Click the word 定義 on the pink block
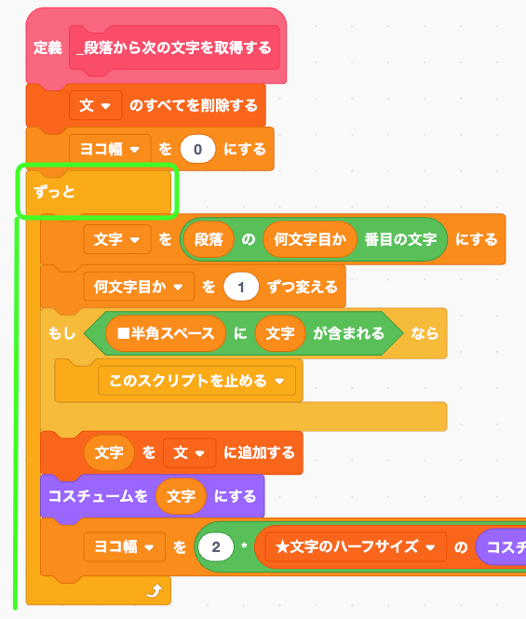(x=47, y=47)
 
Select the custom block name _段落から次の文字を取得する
(x=174, y=47)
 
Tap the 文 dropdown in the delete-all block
(x=95, y=105)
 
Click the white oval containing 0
(x=197, y=149)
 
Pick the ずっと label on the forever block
(x=54, y=193)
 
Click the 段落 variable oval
(x=209, y=239)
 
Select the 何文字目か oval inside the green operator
(x=310, y=239)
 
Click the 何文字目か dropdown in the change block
(x=139, y=287)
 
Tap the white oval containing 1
(x=241, y=287)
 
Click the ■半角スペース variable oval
(x=166, y=333)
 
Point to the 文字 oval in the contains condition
(x=280, y=333)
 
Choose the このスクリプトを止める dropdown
(x=196, y=381)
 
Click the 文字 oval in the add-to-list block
(x=109, y=452)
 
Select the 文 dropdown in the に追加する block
(x=190, y=452)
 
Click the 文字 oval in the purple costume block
(x=181, y=496)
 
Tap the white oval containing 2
(x=216, y=546)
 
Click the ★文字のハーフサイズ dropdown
(x=356, y=546)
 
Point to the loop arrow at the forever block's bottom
(x=154, y=591)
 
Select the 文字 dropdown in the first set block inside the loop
(x=117, y=239)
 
